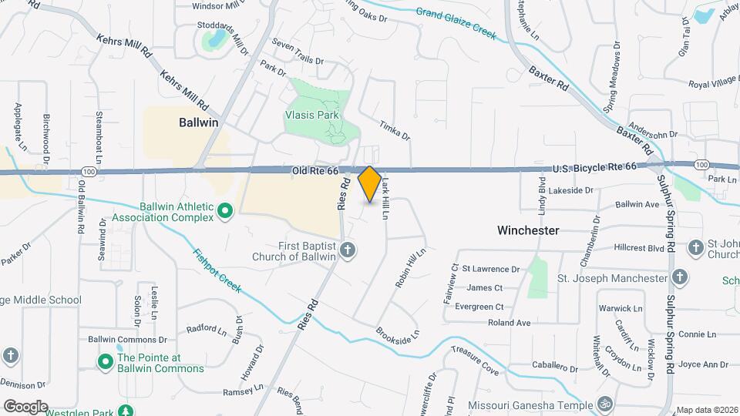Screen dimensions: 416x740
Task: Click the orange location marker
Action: click(x=370, y=183)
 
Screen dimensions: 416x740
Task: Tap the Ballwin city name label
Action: click(x=199, y=122)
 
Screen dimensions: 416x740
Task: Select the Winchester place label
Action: click(x=528, y=230)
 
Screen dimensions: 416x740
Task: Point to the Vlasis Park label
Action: click(x=324, y=115)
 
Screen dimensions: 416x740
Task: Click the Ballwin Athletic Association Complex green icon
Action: click(x=225, y=210)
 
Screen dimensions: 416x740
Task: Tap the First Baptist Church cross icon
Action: click(x=348, y=249)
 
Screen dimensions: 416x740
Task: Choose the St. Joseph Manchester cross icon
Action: click(x=680, y=277)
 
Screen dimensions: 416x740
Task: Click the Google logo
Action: click(x=25, y=406)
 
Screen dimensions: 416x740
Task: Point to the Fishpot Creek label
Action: click(x=218, y=270)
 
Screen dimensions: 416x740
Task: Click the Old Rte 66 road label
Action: click(x=315, y=170)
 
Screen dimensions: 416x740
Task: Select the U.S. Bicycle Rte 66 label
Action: click(x=594, y=166)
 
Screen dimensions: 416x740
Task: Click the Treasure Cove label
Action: click(x=476, y=360)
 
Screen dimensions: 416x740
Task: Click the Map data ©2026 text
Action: click(x=706, y=410)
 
